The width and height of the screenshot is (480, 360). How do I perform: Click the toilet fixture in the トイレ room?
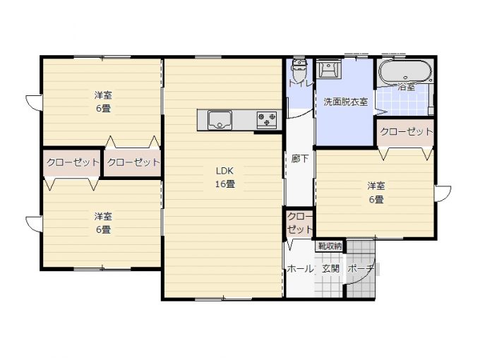299,68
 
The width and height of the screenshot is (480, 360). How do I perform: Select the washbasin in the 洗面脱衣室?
329,69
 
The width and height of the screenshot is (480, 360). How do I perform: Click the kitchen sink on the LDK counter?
220,120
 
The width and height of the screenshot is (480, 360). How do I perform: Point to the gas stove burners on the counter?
267,119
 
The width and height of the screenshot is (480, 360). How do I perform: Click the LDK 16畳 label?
225,177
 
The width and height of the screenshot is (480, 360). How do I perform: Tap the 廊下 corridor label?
300,159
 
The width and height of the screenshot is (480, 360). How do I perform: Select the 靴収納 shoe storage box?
330,246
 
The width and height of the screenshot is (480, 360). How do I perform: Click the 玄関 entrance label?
331,269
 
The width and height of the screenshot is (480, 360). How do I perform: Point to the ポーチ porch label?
361,269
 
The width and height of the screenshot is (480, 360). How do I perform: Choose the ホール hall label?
300,269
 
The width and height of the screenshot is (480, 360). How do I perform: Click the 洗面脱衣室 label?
346,102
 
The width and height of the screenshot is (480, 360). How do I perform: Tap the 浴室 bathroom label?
407,87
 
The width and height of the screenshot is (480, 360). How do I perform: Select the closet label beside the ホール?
300,223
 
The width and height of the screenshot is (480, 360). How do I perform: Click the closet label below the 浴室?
407,131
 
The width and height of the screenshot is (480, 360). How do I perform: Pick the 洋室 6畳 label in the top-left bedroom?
103,102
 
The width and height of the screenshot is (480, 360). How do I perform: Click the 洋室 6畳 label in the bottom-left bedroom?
103,223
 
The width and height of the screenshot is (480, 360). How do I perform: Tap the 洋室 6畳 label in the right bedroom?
376,193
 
